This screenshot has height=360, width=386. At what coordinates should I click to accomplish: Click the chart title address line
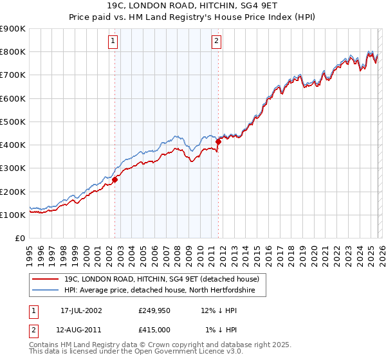193,6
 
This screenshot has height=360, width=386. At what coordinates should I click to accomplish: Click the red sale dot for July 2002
115,180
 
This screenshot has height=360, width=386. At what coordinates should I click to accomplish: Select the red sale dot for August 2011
218,141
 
